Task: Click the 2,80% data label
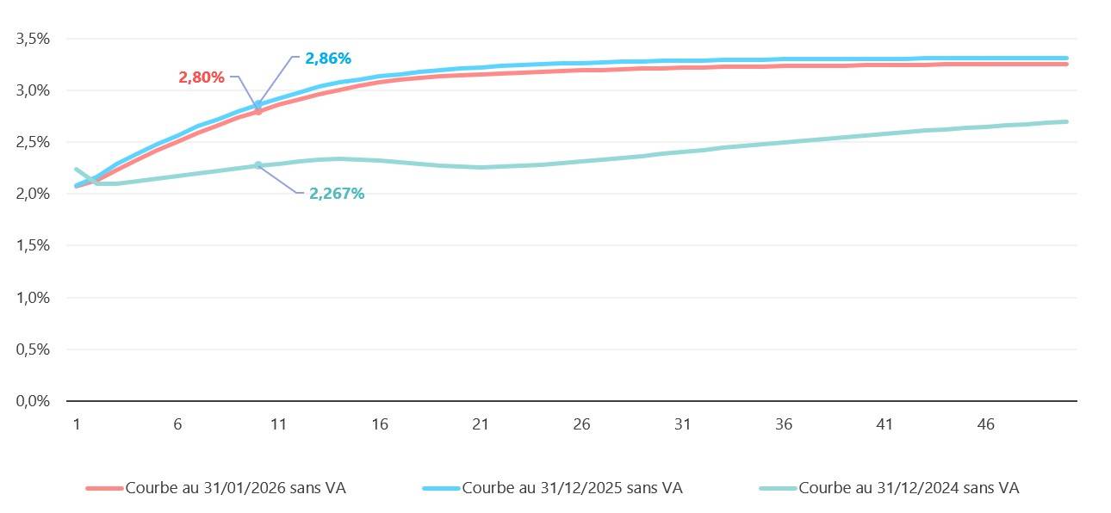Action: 202,77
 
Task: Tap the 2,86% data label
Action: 328,59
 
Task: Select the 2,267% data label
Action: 337,194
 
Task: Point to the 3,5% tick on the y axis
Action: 34,39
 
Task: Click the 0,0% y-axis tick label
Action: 34,401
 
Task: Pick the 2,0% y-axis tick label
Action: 34,194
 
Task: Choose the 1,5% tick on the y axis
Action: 34,245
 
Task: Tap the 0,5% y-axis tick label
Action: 34,349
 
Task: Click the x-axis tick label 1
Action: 77,424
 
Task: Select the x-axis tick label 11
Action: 278,424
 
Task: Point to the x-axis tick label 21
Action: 481,424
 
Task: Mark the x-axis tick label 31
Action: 683,424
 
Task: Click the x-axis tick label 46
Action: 986,424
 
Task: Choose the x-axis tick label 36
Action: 784,424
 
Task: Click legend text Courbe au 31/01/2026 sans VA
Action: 236,488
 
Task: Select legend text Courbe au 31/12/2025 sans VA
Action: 573,488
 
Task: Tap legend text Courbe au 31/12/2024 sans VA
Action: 909,488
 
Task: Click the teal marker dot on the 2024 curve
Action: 258,165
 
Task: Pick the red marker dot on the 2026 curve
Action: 258,111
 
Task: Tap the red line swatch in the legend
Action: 104,488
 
